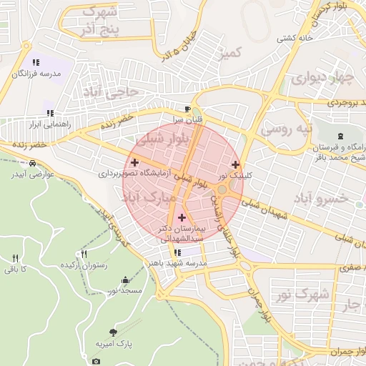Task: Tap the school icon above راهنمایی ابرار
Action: [50, 113]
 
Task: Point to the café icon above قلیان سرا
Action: [187, 109]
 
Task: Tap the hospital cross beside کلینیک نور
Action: [235, 164]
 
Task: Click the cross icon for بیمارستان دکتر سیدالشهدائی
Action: [181, 217]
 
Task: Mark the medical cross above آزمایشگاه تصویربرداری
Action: [134, 163]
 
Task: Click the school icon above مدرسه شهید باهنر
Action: [177, 252]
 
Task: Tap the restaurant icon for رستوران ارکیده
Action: [84, 254]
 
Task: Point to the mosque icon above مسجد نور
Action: [126, 280]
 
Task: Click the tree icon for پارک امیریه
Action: [114, 332]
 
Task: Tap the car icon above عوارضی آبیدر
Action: [32, 164]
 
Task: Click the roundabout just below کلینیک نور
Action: [223, 189]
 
